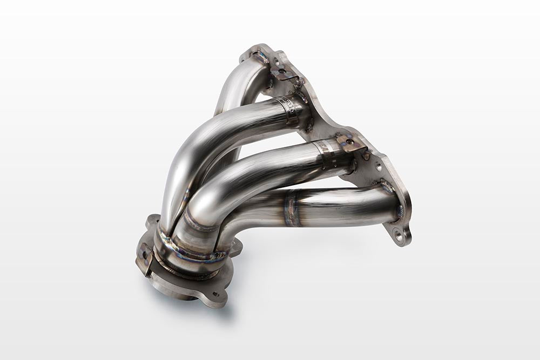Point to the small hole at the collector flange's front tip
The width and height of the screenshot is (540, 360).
[216, 295]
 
